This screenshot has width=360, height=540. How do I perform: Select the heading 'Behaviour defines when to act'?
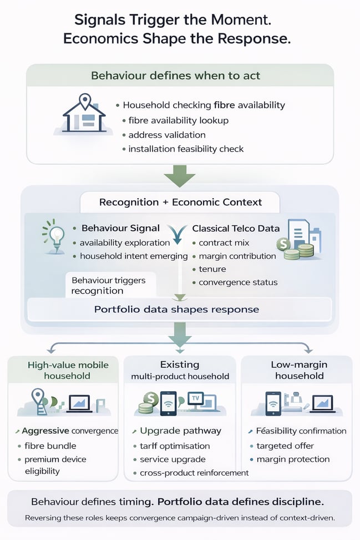180,75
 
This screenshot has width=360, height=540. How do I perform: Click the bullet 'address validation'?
166,135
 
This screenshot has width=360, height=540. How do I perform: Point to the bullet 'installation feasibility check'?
185,149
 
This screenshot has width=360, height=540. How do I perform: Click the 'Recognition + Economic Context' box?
180,202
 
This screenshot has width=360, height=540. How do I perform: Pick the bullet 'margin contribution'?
237,256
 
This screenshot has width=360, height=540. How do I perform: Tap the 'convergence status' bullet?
238,282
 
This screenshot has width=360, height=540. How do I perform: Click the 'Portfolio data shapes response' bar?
180,309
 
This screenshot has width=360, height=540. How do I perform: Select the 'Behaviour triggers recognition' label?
109,285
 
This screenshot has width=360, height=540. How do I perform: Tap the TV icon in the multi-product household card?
195,397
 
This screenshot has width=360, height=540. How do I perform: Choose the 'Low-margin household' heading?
299,370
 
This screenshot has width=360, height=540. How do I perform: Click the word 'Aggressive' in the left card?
45,431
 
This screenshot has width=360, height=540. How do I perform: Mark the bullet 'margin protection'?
293,459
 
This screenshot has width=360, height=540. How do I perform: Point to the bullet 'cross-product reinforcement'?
190,473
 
